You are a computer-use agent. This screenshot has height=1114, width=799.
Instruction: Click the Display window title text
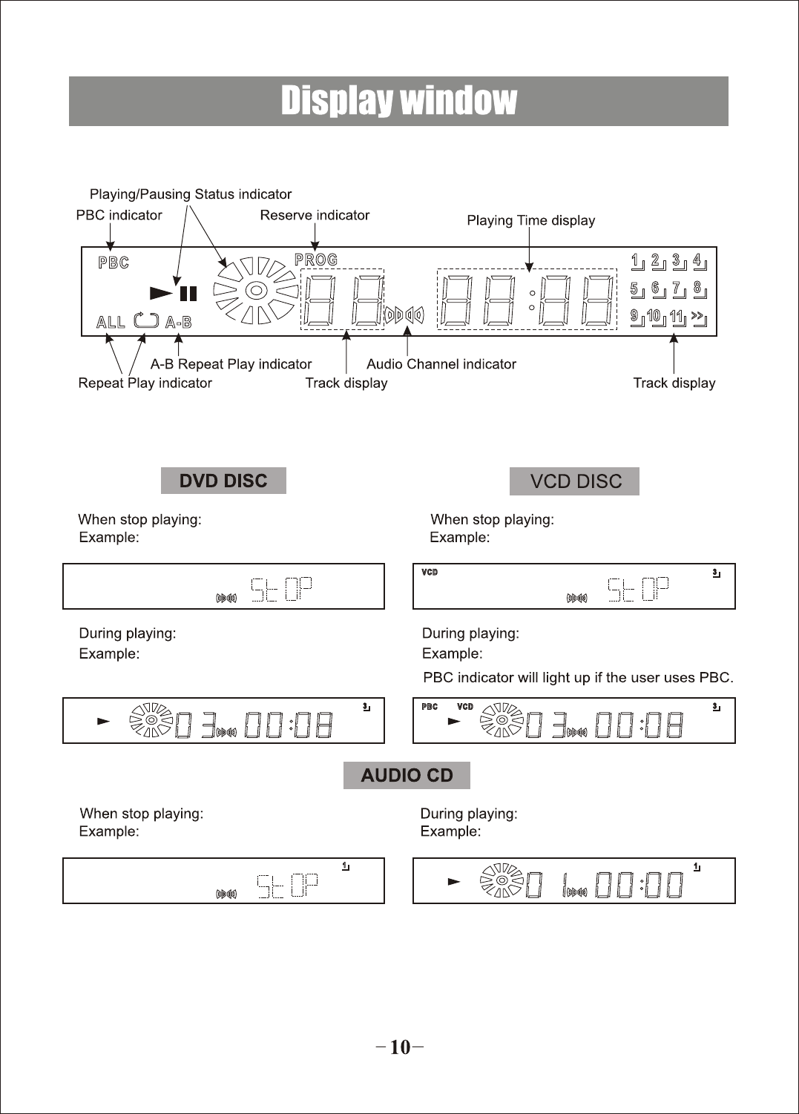(x=398, y=101)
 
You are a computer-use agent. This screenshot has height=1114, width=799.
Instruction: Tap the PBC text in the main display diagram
(x=114, y=263)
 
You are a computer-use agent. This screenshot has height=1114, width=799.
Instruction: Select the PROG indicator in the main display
(x=316, y=260)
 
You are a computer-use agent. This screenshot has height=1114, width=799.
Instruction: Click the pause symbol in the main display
(x=188, y=293)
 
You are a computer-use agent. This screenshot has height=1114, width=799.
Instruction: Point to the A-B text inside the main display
(x=178, y=322)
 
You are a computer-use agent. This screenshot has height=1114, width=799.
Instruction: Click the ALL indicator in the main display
(x=111, y=322)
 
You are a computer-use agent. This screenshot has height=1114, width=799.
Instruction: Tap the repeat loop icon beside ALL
(x=146, y=320)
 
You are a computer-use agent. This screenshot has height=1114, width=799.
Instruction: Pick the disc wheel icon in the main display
(x=255, y=291)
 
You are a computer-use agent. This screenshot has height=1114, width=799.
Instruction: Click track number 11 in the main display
(x=677, y=317)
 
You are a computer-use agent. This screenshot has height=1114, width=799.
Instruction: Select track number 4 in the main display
(x=697, y=260)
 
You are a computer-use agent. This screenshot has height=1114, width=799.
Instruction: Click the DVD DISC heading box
(x=223, y=481)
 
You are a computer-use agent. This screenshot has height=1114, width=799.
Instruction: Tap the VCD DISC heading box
(x=575, y=481)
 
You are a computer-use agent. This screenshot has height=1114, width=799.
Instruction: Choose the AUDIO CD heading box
(x=407, y=775)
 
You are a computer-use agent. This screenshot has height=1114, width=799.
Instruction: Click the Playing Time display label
(x=530, y=220)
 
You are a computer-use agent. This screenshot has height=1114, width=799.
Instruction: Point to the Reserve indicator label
(x=315, y=215)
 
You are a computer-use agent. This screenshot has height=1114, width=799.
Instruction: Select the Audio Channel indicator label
(x=441, y=364)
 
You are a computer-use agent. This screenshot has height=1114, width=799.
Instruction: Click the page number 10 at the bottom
(x=399, y=1047)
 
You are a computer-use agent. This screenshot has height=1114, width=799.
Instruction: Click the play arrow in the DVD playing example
(x=103, y=720)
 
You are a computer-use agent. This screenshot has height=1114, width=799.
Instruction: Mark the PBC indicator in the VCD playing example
(x=430, y=707)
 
